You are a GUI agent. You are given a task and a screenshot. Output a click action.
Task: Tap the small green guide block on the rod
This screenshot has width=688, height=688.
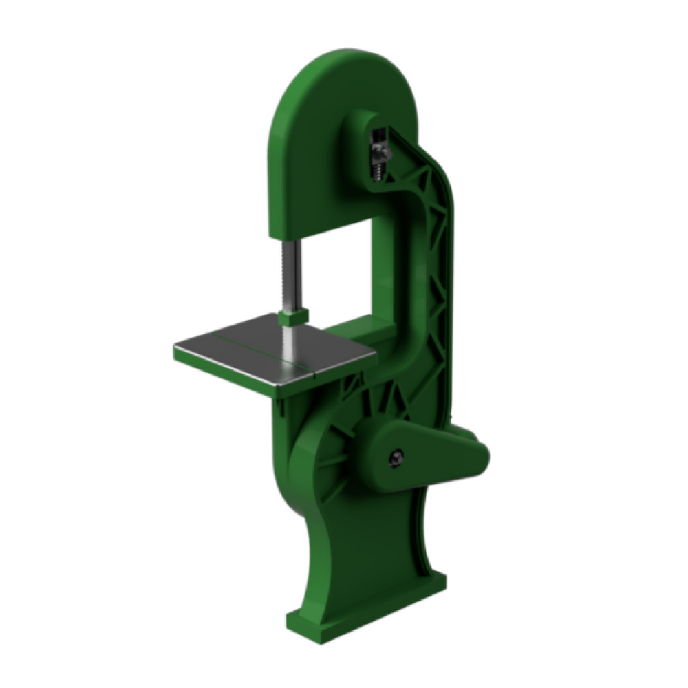tap(292, 318)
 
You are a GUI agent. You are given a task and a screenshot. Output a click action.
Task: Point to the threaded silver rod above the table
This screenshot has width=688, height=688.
tap(290, 275)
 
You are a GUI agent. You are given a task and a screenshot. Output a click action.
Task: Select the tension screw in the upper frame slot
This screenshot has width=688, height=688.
tap(378, 155)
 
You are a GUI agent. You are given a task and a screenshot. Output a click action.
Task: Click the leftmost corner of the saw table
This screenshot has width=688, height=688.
tap(175, 348)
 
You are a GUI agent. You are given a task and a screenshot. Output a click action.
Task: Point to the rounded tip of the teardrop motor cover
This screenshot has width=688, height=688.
tap(482, 454)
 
